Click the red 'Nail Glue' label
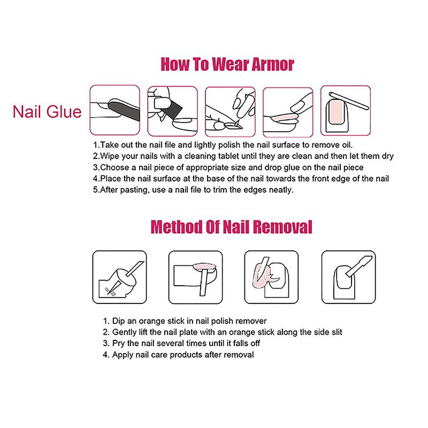47,112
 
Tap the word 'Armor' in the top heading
273,64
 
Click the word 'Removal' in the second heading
282,227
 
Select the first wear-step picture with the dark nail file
115,110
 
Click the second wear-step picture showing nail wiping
172,111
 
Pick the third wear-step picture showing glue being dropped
230,112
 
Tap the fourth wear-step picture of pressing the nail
288,112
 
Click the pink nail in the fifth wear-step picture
336,112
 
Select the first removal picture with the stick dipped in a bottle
119,277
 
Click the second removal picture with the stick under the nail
195,277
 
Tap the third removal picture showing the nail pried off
271,277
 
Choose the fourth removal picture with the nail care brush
349,277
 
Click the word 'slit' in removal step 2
337,332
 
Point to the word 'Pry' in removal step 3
118,343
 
